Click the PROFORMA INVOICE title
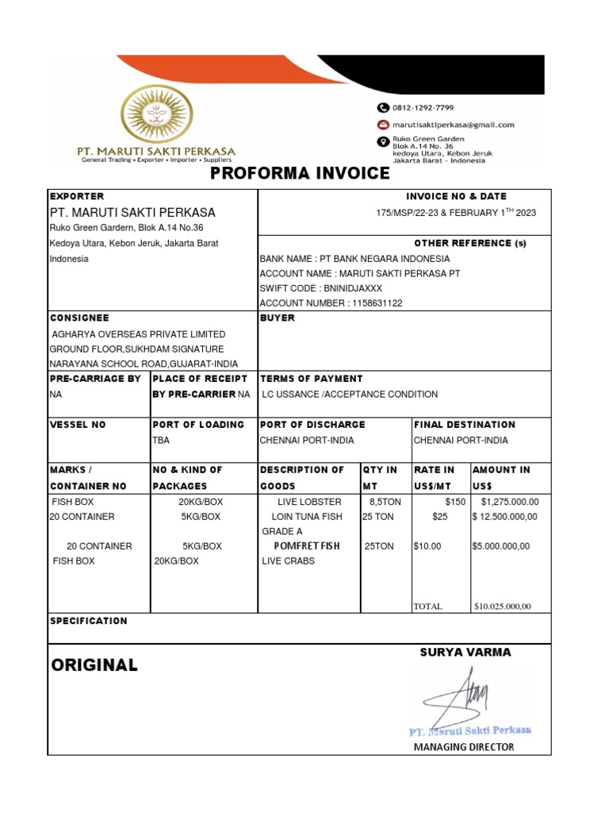[x=300, y=174]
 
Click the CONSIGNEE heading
[x=79, y=318]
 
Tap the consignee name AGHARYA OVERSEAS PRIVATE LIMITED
[x=138, y=334]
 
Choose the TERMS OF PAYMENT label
[x=311, y=379]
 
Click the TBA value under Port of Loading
[x=161, y=440]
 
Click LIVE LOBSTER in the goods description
[x=309, y=502]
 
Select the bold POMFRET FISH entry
[x=306, y=546]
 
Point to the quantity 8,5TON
[x=385, y=502]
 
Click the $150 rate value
[x=455, y=502]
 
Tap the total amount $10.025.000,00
[x=502, y=607]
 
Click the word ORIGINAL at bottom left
[x=94, y=665]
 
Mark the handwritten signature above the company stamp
[x=460, y=695]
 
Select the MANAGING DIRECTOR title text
[x=464, y=747]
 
